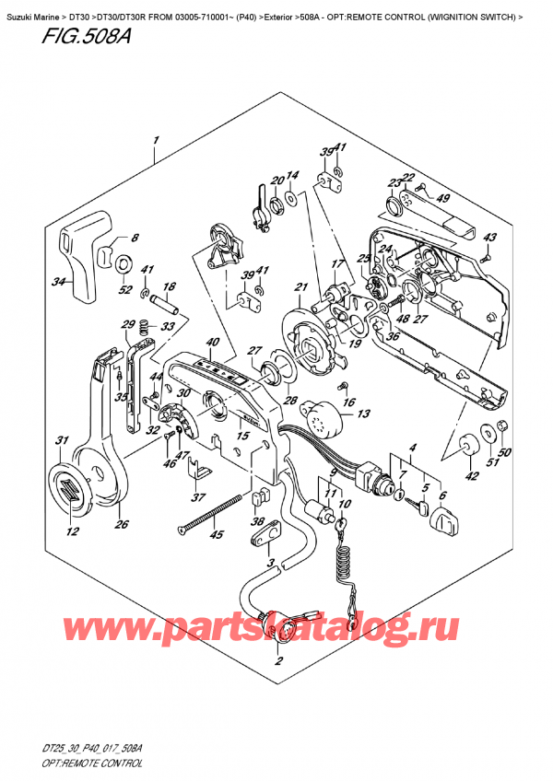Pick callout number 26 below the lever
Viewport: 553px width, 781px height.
pyautogui.click(x=122, y=525)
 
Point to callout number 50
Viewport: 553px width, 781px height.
pyautogui.click(x=506, y=454)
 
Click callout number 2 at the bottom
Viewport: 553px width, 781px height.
pyautogui.click(x=278, y=660)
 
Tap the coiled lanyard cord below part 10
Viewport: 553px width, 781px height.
pyautogui.click(x=346, y=562)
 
